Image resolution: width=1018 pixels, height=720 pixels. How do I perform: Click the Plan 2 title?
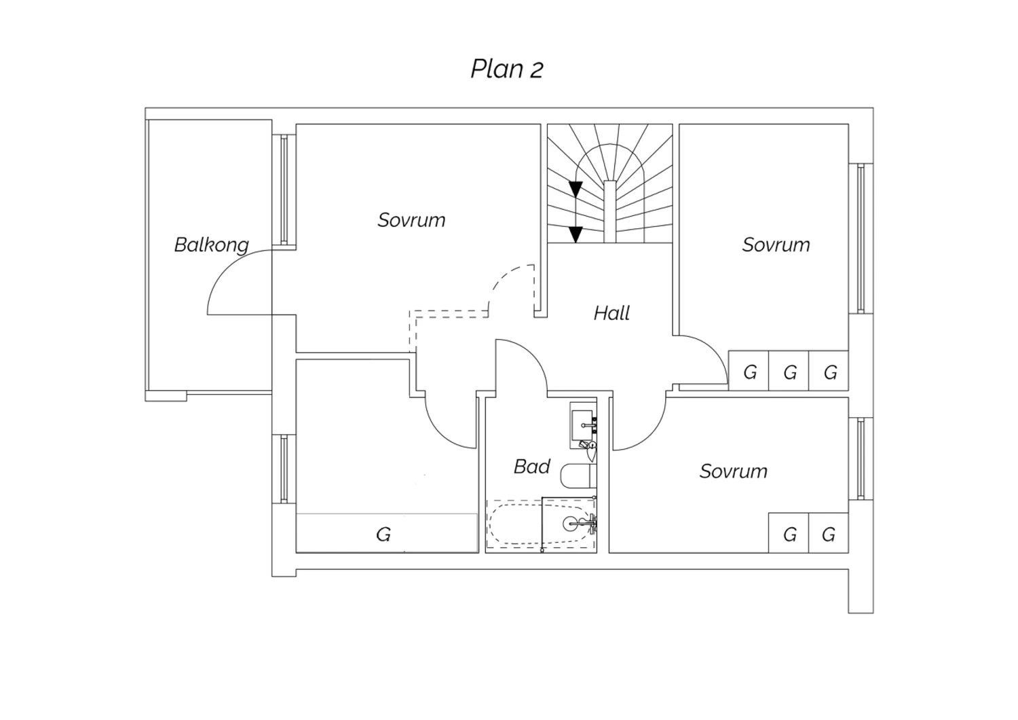[x=507, y=69]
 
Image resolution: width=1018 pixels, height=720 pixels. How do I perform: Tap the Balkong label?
[x=212, y=245]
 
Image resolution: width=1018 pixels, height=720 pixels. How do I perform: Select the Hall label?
[x=611, y=313]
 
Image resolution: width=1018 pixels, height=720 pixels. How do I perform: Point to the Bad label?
[x=532, y=466]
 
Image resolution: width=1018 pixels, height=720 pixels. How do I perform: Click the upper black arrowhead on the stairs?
[x=576, y=190]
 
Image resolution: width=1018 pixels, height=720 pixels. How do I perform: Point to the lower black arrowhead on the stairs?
[x=576, y=234]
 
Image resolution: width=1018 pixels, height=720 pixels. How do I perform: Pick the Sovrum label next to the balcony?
[x=411, y=220]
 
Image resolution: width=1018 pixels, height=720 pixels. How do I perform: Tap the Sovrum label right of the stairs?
[x=776, y=245]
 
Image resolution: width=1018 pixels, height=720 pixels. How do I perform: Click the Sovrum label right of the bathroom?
[x=734, y=471]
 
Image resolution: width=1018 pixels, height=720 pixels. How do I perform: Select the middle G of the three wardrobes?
[x=791, y=372]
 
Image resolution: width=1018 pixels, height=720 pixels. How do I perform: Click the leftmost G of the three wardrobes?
[x=750, y=372]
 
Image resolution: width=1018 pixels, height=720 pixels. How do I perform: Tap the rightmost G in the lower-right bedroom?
[x=829, y=535]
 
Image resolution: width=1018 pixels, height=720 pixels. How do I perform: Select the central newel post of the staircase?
[x=610, y=211]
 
